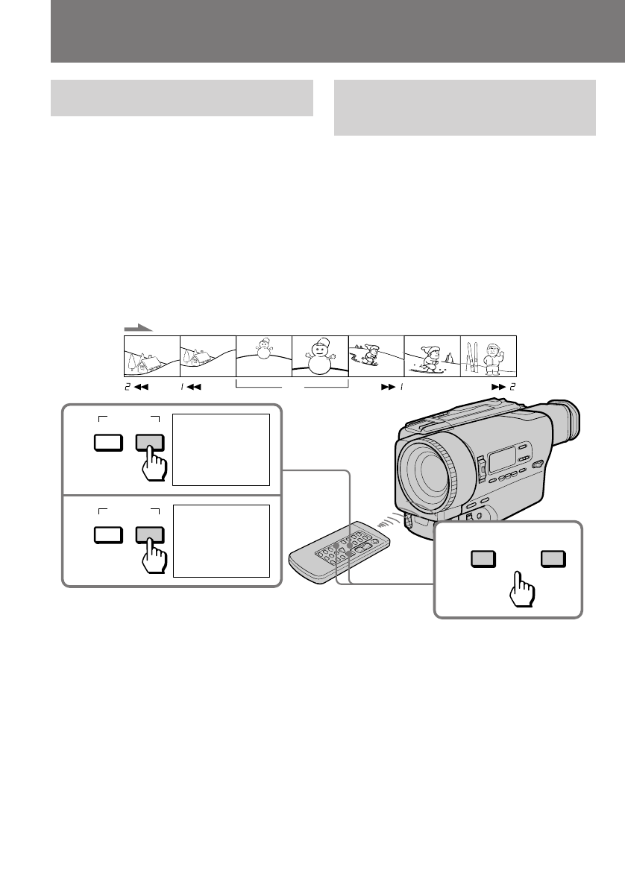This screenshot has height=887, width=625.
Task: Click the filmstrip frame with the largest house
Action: (x=151, y=356)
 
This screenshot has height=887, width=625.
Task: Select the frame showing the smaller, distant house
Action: (x=207, y=356)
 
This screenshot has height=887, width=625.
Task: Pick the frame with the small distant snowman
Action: (x=263, y=356)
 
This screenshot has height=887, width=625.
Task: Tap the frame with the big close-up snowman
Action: (x=320, y=356)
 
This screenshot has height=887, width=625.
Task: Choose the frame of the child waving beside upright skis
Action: (x=489, y=356)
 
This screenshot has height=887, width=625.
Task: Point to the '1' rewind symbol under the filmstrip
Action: (x=191, y=388)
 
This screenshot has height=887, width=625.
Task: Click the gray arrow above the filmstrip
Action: (x=137, y=327)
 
